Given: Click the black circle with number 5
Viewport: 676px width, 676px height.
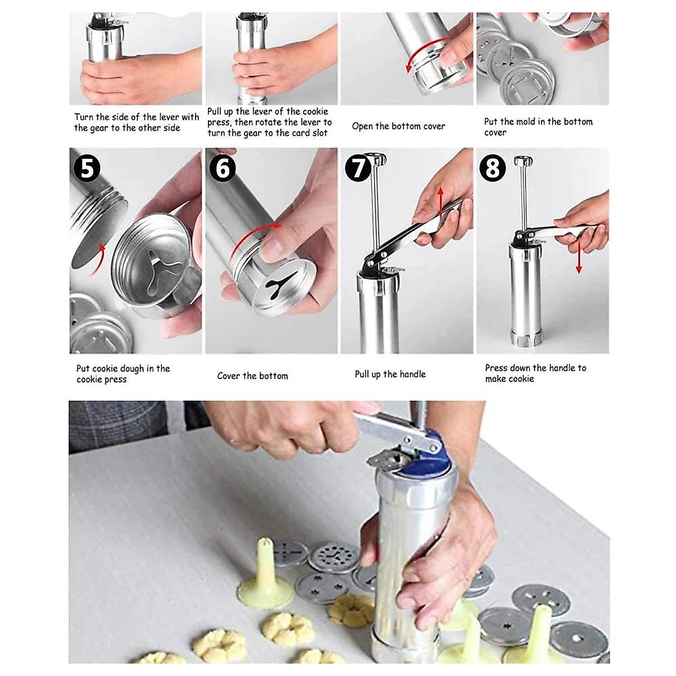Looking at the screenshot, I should point(87,168).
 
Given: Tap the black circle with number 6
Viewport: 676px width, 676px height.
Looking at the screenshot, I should point(223,168).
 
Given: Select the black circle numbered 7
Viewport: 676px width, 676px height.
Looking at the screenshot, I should point(358,168).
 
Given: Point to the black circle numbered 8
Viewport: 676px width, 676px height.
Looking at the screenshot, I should point(493,168).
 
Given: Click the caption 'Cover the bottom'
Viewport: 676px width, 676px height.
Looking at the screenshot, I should point(252,376).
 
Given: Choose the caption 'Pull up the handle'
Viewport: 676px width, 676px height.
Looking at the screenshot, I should point(390,374).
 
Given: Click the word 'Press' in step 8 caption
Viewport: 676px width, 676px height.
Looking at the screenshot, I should point(496,368).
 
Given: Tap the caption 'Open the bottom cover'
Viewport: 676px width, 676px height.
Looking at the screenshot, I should point(398,126).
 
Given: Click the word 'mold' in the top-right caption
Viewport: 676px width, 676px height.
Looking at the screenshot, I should point(528,122).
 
